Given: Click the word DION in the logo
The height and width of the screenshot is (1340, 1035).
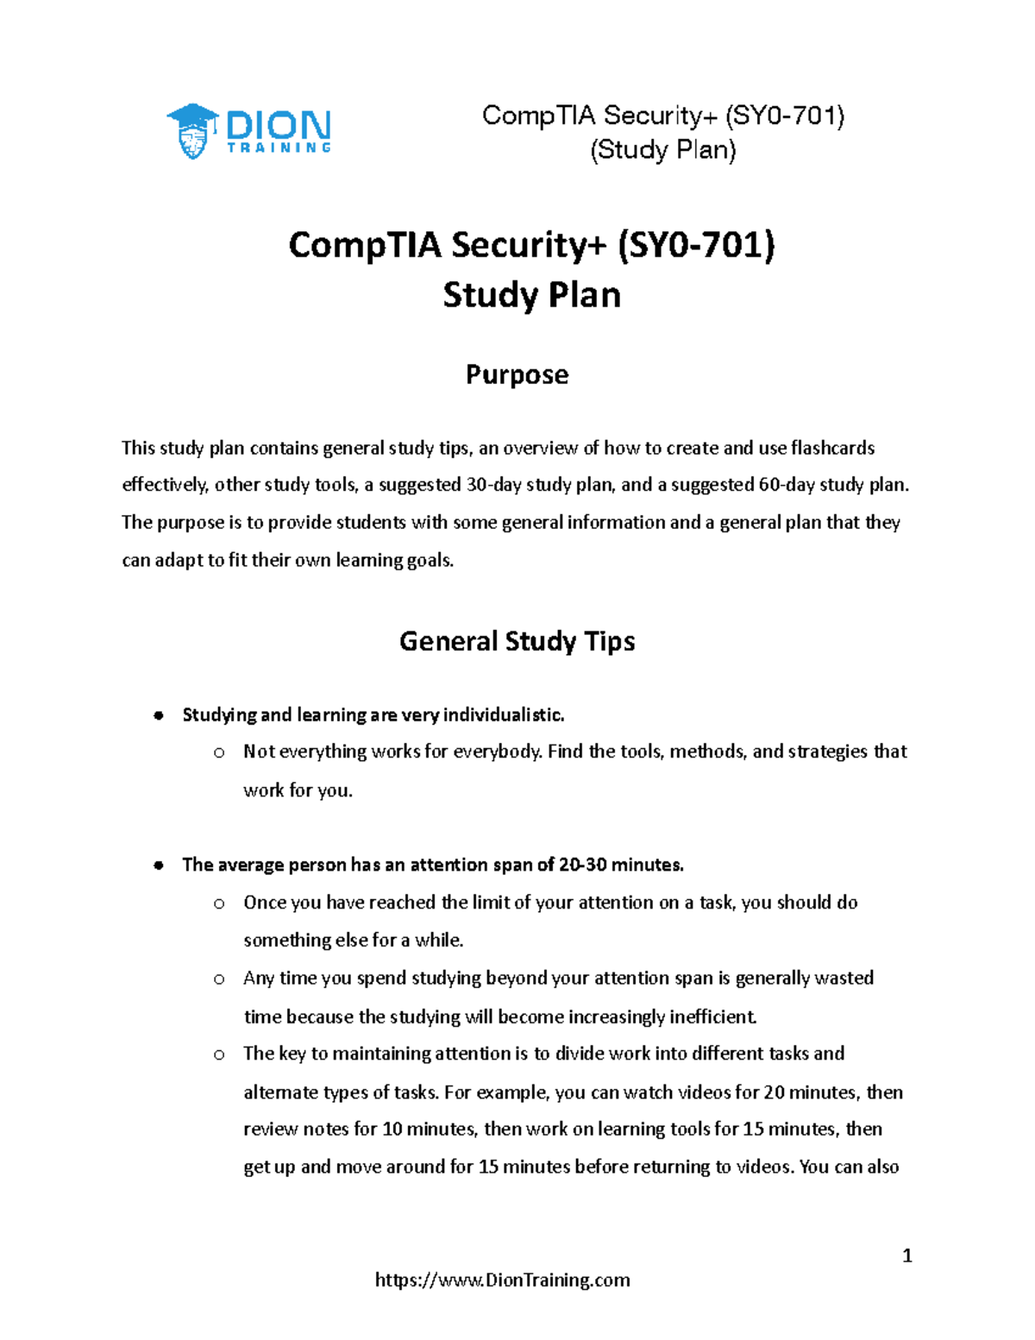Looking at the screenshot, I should pos(278,126).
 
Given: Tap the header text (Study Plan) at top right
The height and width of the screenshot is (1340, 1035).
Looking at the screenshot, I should pos(662,149).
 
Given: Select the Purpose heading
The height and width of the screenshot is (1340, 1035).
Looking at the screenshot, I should pos(517,374).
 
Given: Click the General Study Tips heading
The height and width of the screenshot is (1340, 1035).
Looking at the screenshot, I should pos(517,641).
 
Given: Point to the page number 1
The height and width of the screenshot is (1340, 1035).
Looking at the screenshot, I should pos(906,1255).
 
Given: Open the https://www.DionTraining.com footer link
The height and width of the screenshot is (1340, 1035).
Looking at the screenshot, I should pos(502,1280).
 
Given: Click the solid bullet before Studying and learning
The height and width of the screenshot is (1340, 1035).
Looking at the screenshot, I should pos(159,715).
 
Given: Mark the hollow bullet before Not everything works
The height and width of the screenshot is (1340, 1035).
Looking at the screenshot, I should pos(219,753).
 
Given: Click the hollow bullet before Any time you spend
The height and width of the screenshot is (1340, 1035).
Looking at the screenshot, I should pos(219,979).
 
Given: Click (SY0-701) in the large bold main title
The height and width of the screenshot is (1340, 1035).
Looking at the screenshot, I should pos(696,245).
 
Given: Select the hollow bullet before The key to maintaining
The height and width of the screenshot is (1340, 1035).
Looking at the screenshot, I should pos(219,1054).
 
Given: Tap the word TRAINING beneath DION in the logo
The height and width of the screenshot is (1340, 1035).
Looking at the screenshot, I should pos(279,148).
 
